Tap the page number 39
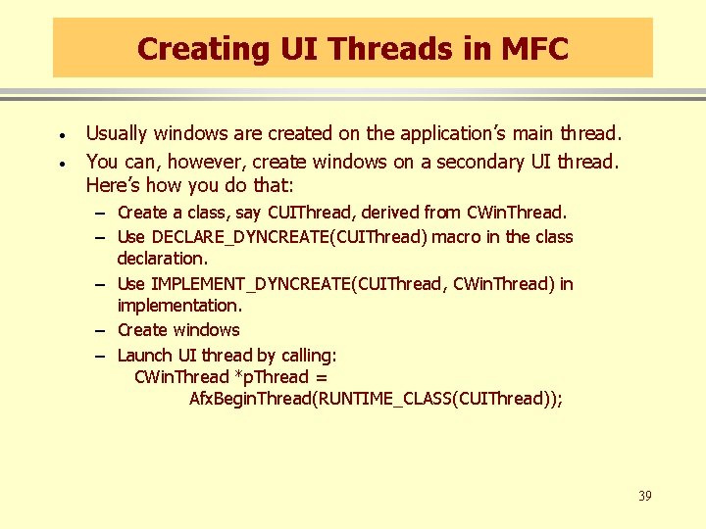[644, 496]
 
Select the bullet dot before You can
[61, 163]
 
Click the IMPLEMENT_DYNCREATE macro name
[250, 284]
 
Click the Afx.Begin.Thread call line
[376, 399]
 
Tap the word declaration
[163, 259]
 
